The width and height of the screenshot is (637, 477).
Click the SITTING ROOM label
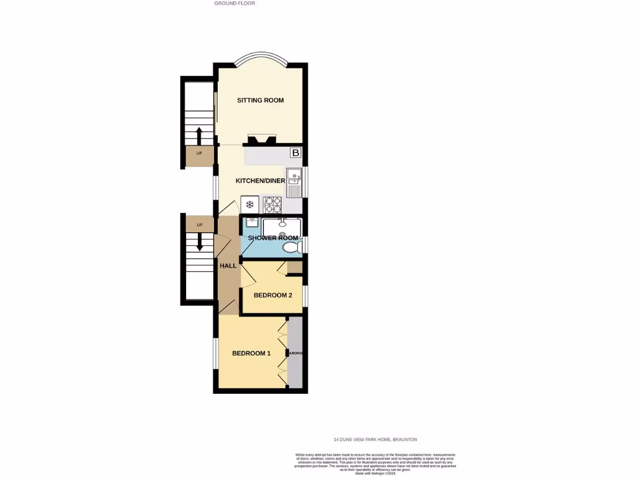(x=260, y=101)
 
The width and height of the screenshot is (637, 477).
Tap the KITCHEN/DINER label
(x=260, y=181)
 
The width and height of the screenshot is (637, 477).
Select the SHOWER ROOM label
(x=273, y=238)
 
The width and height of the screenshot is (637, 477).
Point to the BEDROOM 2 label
(x=273, y=295)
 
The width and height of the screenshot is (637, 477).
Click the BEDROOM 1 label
(x=251, y=353)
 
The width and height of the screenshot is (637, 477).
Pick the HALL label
(x=228, y=266)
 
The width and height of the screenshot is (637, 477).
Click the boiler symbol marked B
(x=295, y=153)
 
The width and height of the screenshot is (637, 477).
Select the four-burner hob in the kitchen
(x=272, y=204)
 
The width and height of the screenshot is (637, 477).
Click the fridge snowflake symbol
(x=250, y=204)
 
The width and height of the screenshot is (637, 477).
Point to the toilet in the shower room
(x=291, y=248)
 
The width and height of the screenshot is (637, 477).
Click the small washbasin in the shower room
(x=252, y=222)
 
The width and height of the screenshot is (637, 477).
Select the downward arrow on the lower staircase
(x=199, y=241)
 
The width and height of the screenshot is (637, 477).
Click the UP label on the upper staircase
(x=199, y=153)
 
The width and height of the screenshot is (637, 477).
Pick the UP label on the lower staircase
(x=200, y=225)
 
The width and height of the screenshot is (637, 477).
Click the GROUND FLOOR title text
(x=235, y=3)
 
